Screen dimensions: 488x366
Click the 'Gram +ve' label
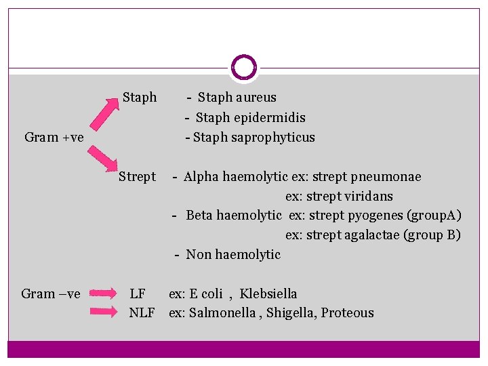(x=54, y=138)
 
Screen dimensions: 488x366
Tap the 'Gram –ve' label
(x=51, y=293)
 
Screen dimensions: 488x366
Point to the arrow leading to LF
(x=103, y=293)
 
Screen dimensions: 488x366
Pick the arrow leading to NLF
(x=103, y=312)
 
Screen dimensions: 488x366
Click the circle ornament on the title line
(x=243, y=68)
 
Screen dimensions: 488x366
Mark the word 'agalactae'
(x=370, y=235)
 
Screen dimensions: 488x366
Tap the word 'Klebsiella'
(x=268, y=293)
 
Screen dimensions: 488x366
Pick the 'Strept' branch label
(x=137, y=177)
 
